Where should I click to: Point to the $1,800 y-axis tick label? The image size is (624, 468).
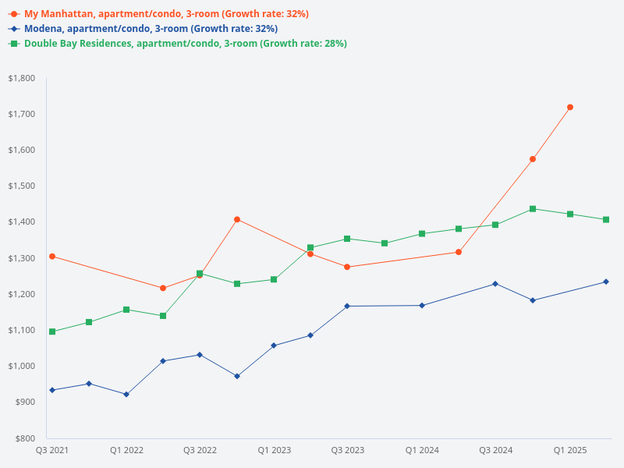click(x=21, y=78)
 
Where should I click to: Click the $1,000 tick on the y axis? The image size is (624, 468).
click(x=21, y=366)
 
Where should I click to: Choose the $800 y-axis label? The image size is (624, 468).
click(x=24, y=438)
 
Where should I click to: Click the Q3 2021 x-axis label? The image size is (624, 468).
click(x=52, y=450)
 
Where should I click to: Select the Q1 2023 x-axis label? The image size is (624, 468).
click(x=274, y=450)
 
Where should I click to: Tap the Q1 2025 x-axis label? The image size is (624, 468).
click(x=570, y=450)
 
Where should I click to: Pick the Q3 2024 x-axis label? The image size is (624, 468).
click(x=496, y=450)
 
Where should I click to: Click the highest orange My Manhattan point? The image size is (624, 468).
click(x=570, y=107)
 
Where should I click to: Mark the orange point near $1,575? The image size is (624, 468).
click(x=533, y=159)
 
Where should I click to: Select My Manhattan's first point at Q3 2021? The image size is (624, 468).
click(x=52, y=256)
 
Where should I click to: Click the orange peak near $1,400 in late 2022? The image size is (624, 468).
click(x=237, y=219)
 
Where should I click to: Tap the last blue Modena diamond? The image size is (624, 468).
click(x=606, y=282)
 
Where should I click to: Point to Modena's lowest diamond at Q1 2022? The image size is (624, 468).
click(x=126, y=394)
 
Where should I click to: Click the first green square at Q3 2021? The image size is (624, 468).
click(x=52, y=331)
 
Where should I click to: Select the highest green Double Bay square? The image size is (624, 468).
click(x=533, y=209)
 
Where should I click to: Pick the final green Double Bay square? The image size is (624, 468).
click(x=606, y=219)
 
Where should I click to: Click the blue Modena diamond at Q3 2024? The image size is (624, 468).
click(x=495, y=283)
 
